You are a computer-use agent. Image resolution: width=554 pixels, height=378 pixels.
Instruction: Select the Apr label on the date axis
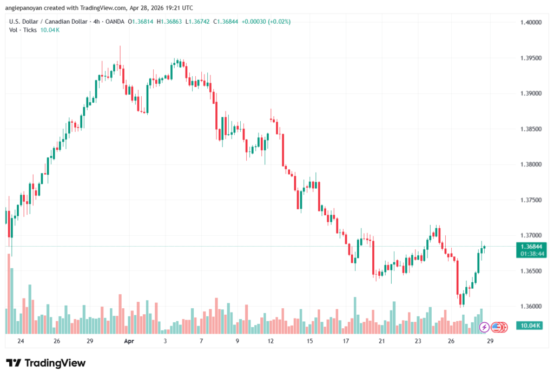coord(128,341)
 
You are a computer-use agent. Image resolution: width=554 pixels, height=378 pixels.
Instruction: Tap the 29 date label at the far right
coord(490,341)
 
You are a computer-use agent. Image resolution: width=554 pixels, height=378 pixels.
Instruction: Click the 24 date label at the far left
coord(21,341)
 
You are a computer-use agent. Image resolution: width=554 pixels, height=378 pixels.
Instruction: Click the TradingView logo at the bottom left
coord(46,363)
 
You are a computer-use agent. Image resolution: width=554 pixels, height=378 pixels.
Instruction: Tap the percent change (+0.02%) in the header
coord(279,21)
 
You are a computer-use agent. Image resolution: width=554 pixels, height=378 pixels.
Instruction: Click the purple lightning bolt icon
coord(484,327)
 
